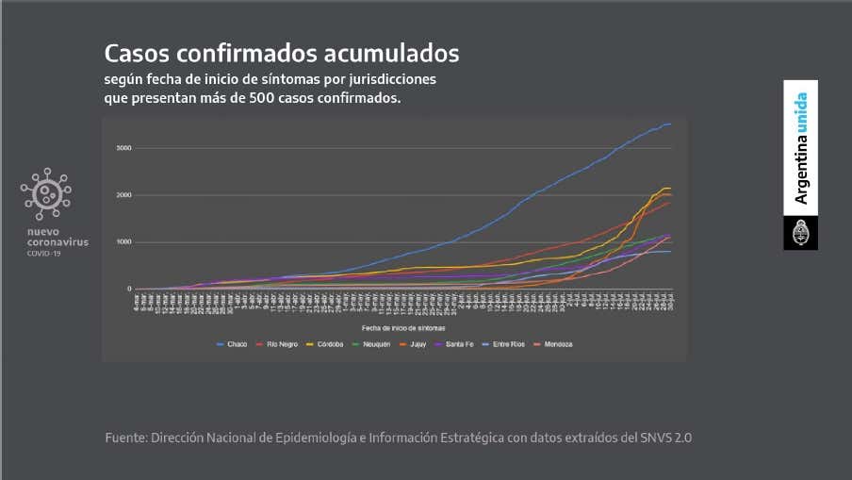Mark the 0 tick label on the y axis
(129, 290)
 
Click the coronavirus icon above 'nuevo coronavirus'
(46, 194)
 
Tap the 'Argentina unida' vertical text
(800, 148)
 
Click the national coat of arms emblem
(800, 232)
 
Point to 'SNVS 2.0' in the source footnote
(664, 438)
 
